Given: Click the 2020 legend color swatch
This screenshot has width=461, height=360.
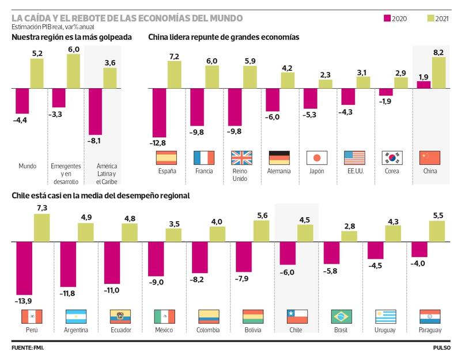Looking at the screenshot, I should coord(387,18).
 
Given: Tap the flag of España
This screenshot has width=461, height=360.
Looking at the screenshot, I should coord(167,158).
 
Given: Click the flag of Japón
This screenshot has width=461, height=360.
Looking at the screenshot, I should coord(317,158).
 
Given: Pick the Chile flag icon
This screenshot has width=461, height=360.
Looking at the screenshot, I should coord(297,316).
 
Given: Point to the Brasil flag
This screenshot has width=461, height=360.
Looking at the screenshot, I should coord(341,316).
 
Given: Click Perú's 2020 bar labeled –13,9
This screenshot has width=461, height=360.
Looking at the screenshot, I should coord(24,268).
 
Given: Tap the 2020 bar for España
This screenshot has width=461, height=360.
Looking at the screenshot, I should coord(159,113).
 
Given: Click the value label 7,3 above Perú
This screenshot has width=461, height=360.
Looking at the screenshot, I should coord(41,207).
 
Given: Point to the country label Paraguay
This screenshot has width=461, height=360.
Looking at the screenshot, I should coord(430,330).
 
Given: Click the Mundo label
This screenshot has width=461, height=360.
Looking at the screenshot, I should coord(27,166).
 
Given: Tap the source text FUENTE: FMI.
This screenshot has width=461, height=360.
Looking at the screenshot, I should coord(28,348).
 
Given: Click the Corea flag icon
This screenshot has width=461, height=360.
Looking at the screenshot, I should coord(392,158).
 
